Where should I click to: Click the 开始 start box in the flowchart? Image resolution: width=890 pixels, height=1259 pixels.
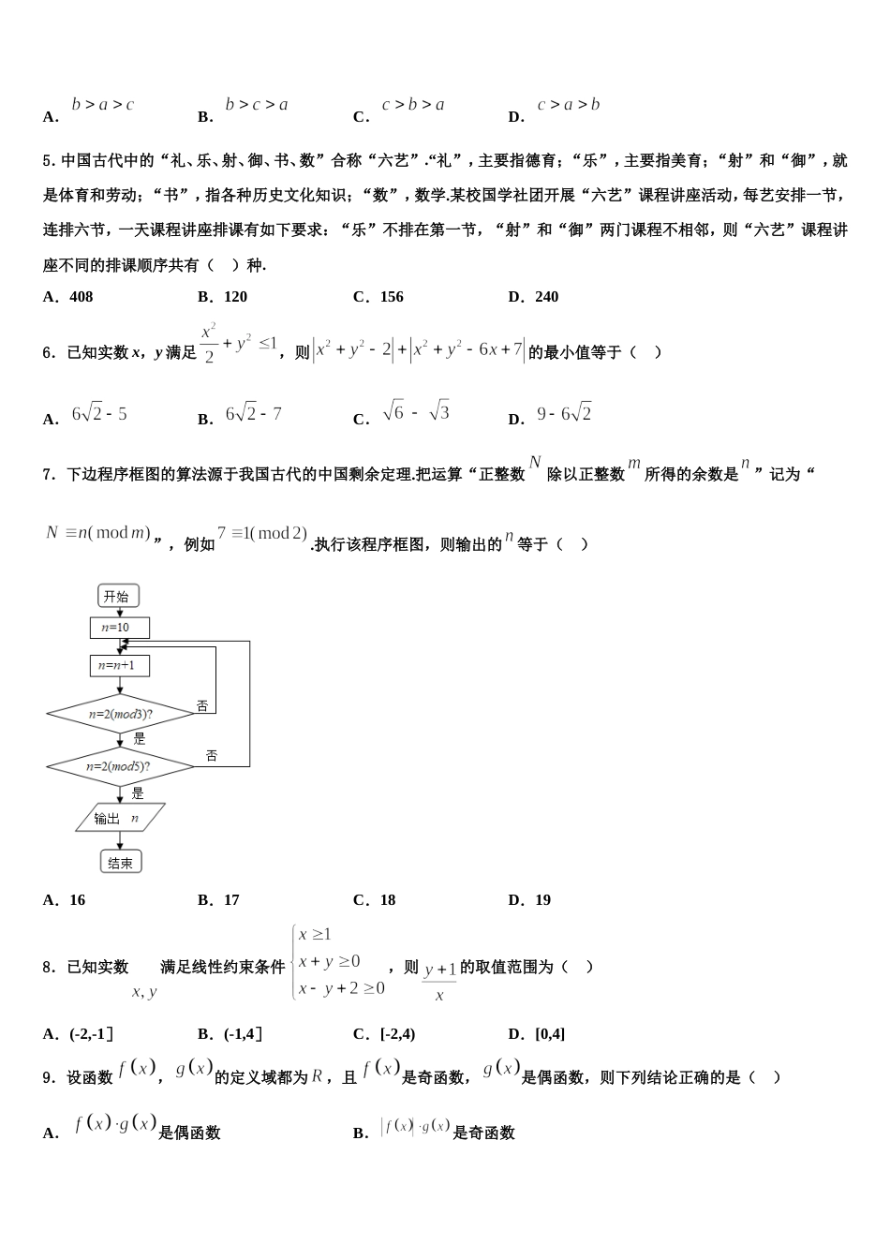click(118, 596)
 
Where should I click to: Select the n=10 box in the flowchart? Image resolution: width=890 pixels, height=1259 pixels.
click(119, 628)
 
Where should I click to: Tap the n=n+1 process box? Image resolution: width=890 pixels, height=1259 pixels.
click(119, 666)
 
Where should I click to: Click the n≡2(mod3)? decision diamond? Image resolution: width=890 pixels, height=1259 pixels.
click(120, 714)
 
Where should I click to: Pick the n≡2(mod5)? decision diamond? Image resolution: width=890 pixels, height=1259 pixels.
click(119, 766)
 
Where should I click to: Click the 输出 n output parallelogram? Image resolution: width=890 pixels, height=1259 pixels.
click(119, 818)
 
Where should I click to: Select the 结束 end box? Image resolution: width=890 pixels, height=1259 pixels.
click(120, 862)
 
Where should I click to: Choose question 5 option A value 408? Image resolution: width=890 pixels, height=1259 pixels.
click(81, 297)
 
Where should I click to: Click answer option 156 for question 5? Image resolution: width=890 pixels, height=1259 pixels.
click(392, 297)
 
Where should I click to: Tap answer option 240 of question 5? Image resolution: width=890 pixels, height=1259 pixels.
click(546, 297)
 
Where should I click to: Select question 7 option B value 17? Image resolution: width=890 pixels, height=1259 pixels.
click(231, 900)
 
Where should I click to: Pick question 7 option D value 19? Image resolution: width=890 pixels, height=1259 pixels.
click(542, 900)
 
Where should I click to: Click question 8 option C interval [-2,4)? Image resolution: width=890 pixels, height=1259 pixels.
click(397, 1034)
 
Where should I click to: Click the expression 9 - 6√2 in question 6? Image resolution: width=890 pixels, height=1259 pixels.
click(564, 413)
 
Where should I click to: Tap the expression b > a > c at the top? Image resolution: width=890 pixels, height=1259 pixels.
click(103, 105)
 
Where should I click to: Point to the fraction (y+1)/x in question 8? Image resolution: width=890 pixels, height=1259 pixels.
click(439, 981)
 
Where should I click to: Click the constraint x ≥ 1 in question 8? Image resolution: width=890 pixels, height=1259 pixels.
click(315, 934)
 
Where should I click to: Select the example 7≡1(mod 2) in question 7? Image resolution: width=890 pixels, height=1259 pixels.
click(262, 534)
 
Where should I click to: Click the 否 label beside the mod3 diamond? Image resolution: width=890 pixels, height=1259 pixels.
click(201, 706)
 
